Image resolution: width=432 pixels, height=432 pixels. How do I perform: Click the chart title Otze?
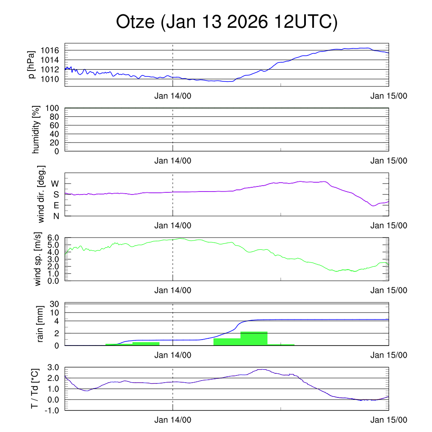coord(227,22)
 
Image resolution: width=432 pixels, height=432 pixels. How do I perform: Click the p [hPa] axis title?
coord(32,65)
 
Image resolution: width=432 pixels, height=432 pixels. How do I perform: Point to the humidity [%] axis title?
coord(37,130)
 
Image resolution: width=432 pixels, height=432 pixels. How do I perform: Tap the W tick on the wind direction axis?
coord(55,184)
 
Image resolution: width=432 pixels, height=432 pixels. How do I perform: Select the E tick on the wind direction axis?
coord(56,205)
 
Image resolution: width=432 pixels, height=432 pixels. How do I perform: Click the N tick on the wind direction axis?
coord(56,216)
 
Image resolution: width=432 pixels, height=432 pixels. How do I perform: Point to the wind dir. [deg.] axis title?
coord(41,194)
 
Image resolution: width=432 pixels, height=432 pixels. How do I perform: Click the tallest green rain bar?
coord(254,339)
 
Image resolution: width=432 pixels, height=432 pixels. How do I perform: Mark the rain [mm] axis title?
coord(41,324)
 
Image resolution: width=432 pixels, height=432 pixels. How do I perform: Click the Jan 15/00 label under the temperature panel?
coord(389,420)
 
